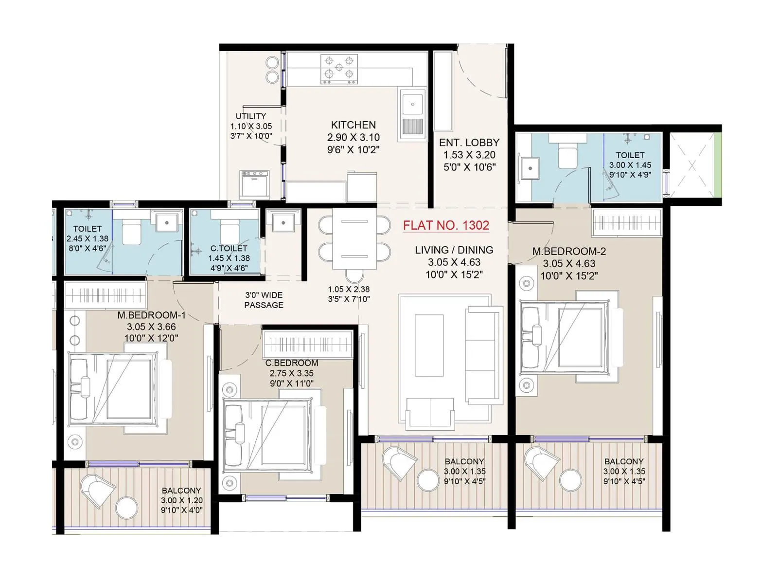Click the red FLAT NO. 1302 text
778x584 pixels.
coord(446,225)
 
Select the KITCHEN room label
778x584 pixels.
coord(354,125)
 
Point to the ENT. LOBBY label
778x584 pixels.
coord(469,143)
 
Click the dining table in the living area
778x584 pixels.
coord(354,238)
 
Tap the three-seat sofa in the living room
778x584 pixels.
coord(483,354)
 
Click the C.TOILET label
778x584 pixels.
coord(229,248)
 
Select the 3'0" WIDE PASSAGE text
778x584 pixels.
coord(264,300)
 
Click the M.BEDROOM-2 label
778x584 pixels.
coord(569,251)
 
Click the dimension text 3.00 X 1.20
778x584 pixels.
coord(182,500)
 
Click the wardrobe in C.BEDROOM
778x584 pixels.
coord(307,345)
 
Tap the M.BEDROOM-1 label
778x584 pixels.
coord(151,315)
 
